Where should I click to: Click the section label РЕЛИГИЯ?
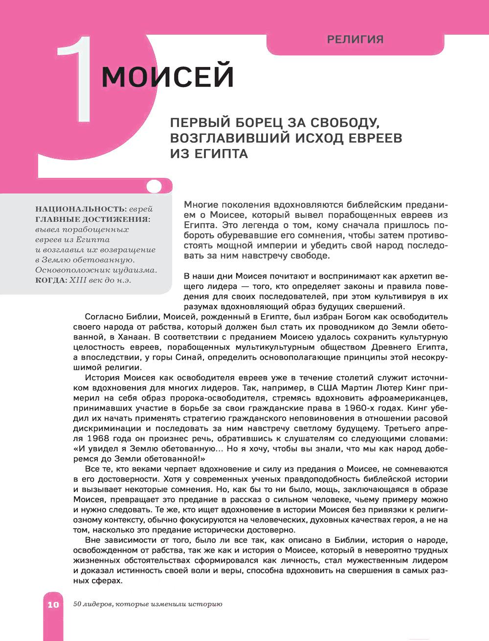point(355,40)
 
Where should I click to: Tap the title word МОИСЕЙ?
point(167,76)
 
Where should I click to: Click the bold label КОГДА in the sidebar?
point(50,280)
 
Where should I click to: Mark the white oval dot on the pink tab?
point(154,186)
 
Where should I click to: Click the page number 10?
point(53,604)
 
